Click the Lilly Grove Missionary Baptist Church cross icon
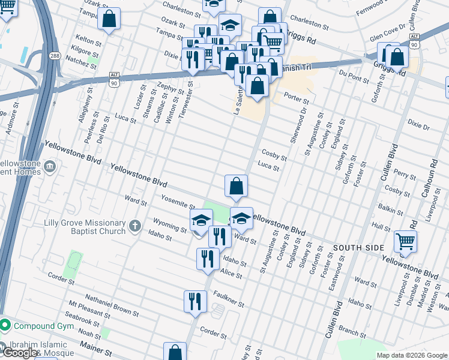(x=136, y=227)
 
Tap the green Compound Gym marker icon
(x=6, y=325)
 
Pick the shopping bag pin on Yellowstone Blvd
(x=237, y=186)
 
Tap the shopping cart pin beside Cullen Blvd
(x=405, y=241)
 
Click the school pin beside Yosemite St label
(x=201, y=221)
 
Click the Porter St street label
(x=296, y=98)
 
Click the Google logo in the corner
(x=19, y=353)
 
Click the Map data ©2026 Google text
(x=411, y=355)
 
